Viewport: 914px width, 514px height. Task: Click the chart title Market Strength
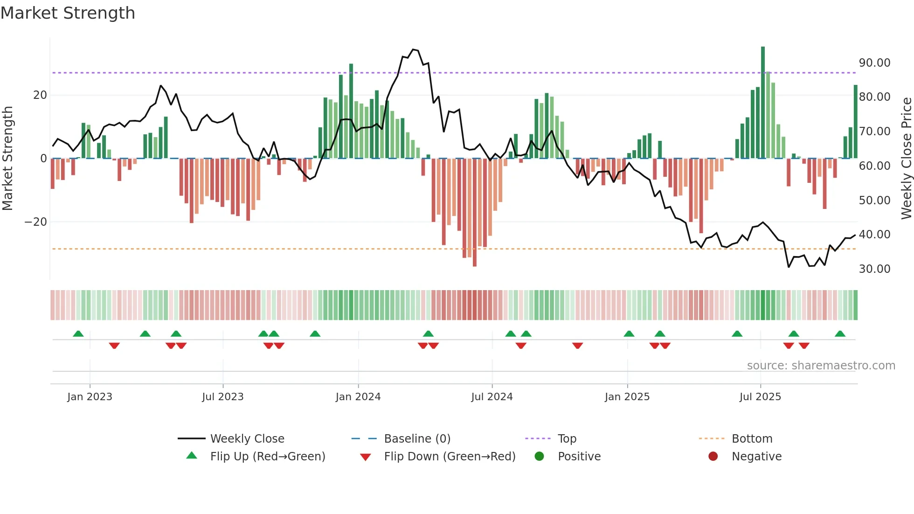click(x=68, y=13)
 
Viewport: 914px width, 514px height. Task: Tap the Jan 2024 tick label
click(x=358, y=397)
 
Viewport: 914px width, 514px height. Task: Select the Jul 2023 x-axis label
click(x=222, y=397)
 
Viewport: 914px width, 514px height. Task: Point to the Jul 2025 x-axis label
click(x=760, y=397)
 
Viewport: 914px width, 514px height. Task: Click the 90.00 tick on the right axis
click(x=874, y=63)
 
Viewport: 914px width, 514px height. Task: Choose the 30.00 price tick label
click(x=874, y=269)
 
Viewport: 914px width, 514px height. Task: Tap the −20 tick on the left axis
click(x=36, y=222)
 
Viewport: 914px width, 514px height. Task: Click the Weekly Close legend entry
click(x=247, y=439)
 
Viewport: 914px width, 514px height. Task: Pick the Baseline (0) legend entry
click(x=417, y=439)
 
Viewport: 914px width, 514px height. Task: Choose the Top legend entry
click(x=567, y=439)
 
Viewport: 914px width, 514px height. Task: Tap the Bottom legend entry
click(x=752, y=439)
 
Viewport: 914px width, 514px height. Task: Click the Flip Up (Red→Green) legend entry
click(x=267, y=457)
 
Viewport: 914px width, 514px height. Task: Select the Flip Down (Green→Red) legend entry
click(x=450, y=457)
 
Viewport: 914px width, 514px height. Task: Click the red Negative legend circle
click(x=713, y=457)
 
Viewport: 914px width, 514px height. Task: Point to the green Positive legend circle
click(x=539, y=457)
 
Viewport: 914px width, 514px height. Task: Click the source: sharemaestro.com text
click(x=821, y=366)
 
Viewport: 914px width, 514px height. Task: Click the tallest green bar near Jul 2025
click(x=763, y=103)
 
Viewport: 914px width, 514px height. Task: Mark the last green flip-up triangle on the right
click(x=840, y=334)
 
